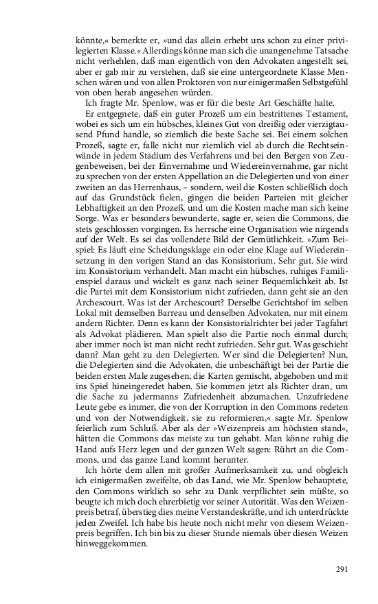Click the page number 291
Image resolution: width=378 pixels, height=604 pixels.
tap(343, 568)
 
